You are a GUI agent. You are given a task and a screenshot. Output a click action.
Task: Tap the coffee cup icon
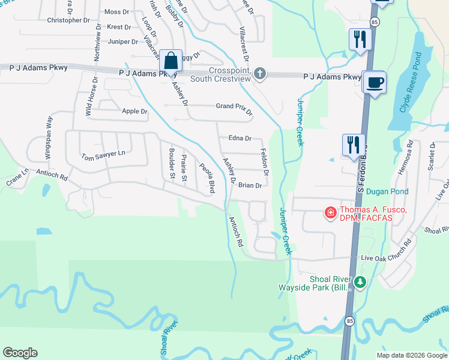pos(375,82)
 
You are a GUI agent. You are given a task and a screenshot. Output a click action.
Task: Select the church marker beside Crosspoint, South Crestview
pos(259,74)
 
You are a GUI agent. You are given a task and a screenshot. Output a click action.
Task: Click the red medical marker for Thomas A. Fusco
pos(330,213)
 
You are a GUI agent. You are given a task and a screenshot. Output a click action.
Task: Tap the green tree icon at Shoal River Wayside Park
pos(360,282)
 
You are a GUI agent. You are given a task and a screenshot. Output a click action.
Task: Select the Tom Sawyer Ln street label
pos(104,155)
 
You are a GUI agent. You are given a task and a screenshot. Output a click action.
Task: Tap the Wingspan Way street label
pos(49,137)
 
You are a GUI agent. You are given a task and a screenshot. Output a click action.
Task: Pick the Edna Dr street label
pos(240,138)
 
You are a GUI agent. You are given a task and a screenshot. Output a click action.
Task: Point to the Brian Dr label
pos(250,185)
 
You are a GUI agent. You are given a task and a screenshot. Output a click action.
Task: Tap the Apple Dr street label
pos(134,111)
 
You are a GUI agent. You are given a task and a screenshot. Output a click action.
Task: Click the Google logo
pos(20,353)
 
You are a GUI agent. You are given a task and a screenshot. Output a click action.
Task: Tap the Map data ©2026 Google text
pos(412,355)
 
